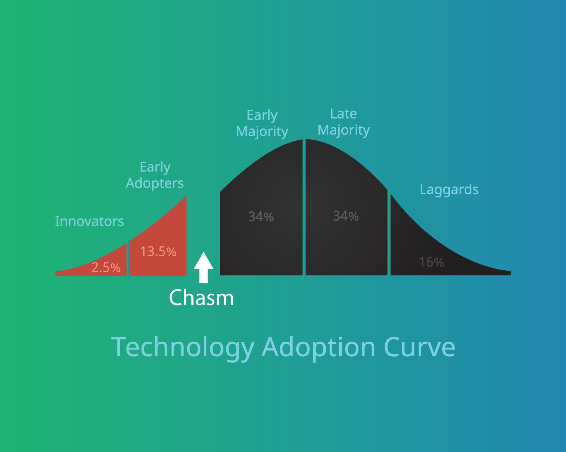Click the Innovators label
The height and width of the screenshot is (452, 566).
89,221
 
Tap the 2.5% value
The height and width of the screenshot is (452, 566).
106,267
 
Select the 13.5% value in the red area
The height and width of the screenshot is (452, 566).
158,252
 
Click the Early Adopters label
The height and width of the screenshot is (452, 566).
155,175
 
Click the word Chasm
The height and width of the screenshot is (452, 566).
201,298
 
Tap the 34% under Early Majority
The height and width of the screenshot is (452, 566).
261,217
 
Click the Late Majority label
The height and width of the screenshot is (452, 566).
343,122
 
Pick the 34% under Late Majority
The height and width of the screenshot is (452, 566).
346,216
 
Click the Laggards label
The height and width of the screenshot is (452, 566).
449,190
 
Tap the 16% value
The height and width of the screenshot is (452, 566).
431,262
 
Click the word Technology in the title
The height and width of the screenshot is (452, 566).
183,347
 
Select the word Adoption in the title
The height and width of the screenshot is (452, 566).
318,347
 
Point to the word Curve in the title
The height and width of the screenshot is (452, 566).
419,347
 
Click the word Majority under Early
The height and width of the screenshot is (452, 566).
262,131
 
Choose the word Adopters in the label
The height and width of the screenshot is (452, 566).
155,183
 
